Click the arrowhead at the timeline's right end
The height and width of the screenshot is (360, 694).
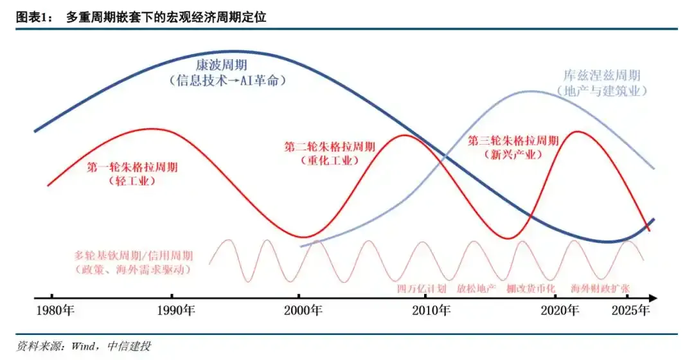coord(652,298)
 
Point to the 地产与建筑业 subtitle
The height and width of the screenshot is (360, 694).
coord(601,91)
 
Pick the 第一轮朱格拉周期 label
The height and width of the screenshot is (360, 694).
coord(132,167)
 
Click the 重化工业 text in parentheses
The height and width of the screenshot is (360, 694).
coord(328,161)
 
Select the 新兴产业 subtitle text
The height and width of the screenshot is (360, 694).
coord(513,155)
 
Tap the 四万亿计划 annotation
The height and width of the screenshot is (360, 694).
coord(421,289)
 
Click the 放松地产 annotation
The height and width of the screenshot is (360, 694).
coord(476,289)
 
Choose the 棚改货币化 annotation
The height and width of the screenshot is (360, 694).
coord(531,289)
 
